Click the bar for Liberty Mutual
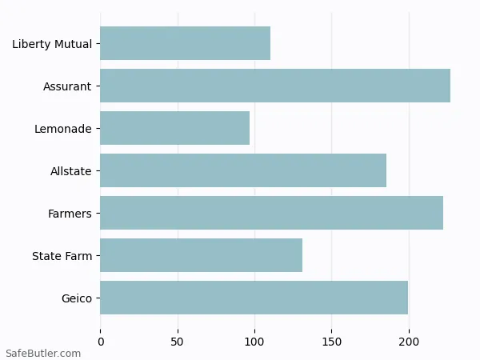(x=185, y=43)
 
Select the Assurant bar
(x=275, y=86)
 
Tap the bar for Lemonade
(x=174, y=128)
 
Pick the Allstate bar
(x=243, y=170)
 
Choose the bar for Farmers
(x=271, y=213)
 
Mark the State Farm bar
(x=201, y=255)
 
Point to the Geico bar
(x=254, y=298)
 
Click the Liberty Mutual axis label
(x=51, y=44)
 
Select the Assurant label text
(x=67, y=86)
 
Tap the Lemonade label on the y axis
(x=62, y=129)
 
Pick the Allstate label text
(x=70, y=171)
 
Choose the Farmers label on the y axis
(x=70, y=214)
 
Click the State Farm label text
(x=62, y=256)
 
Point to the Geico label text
(x=76, y=298)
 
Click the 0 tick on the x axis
(x=100, y=342)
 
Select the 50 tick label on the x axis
(x=178, y=342)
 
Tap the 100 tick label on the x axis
(x=254, y=342)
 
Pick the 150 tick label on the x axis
(x=332, y=342)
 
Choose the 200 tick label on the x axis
(x=409, y=342)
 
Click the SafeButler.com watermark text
(x=43, y=353)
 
